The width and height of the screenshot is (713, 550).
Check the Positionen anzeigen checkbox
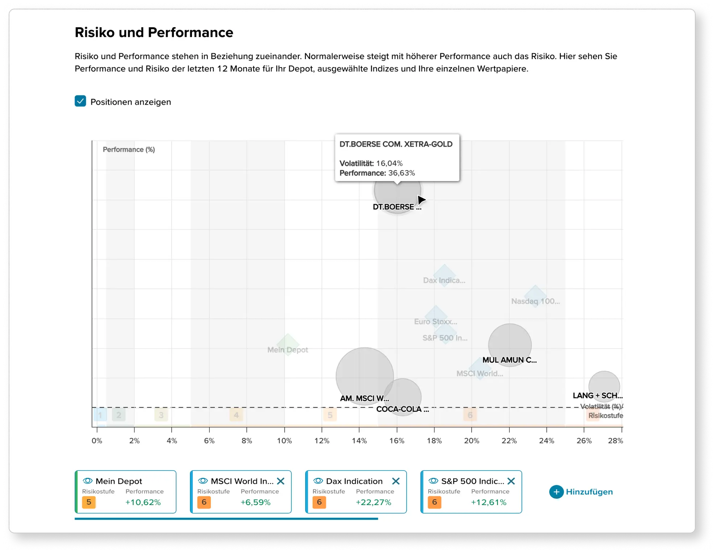[x=80, y=101]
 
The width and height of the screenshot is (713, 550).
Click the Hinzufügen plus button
[x=556, y=492]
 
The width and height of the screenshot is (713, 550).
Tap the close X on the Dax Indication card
[x=396, y=481]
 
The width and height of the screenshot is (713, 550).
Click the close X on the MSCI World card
[x=281, y=481]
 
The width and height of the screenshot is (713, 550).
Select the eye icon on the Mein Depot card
[x=88, y=481]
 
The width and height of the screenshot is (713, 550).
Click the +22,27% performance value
[x=374, y=502]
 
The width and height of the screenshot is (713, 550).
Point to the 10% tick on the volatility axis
[x=284, y=441]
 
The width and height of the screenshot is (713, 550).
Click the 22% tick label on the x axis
[x=509, y=441]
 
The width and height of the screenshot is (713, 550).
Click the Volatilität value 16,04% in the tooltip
[x=389, y=163]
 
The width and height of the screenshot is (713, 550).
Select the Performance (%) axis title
[x=129, y=150]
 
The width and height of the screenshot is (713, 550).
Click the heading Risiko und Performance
[x=154, y=33]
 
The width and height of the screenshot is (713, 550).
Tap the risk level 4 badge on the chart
[x=236, y=415]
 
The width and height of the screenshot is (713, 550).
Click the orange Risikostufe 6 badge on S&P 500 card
[x=434, y=502]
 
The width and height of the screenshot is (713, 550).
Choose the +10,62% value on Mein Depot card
[x=143, y=502]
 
